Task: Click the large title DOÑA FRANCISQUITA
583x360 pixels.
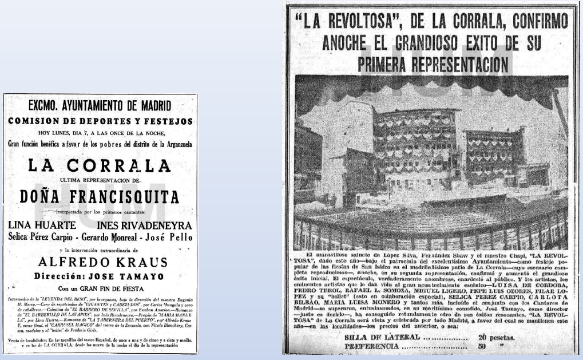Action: click(100, 197)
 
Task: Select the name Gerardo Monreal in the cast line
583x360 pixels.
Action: click(110, 237)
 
